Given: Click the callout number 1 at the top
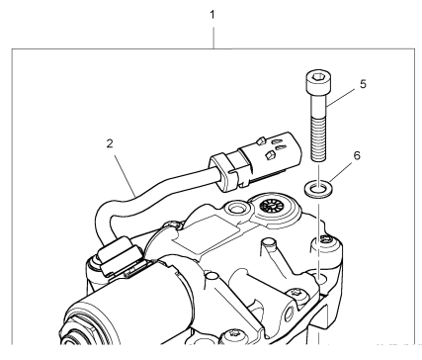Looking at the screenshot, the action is click(x=212, y=15).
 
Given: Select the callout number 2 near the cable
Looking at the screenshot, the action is click(x=110, y=143).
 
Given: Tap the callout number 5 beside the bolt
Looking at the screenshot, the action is click(x=363, y=84).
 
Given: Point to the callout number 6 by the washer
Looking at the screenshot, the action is click(x=357, y=155).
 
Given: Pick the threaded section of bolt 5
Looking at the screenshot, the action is click(x=318, y=139).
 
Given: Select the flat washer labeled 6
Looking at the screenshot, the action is click(x=318, y=189).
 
